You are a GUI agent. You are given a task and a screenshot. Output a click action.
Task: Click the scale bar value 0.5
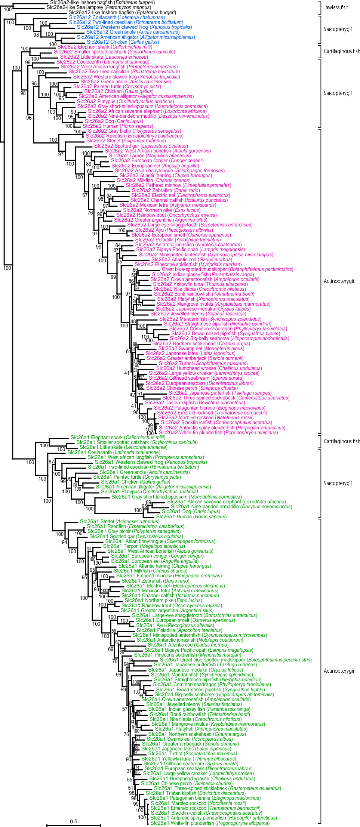pyautogui.click(x=73, y=821)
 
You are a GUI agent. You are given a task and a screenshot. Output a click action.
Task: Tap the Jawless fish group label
pyautogui.click(x=336, y=7)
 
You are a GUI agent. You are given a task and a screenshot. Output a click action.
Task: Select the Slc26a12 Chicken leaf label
pyautogui.click(x=123, y=42)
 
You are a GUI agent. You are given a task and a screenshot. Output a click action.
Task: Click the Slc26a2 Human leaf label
pyautogui.click(x=117, y=126)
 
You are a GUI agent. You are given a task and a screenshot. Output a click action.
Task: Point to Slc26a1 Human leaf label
pyautogui.click(x=191, y=516)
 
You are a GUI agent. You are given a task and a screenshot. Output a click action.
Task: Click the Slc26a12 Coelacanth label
pyautogui.click(x=117, y=17)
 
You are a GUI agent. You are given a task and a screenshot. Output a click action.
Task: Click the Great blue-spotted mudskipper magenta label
pyautogui.click(x=227, y=269)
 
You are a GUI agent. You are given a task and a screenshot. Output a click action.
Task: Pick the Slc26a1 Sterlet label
pyautogui.click(x=119, y=521)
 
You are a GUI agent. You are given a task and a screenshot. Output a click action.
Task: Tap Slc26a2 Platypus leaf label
pyautogui.click(x=125, y=101)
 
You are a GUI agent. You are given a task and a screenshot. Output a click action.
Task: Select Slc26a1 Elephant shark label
pyautogui.click(x=117, y=437)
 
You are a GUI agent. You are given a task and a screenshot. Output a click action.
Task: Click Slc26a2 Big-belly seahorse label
pyautogui.click(x=229, y=338)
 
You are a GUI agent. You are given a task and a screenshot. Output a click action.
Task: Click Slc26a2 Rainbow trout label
pyautogui.click(x=166, y=215)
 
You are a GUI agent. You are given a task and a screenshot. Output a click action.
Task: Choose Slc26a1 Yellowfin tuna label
pyautogui.click(x=188, y=759)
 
